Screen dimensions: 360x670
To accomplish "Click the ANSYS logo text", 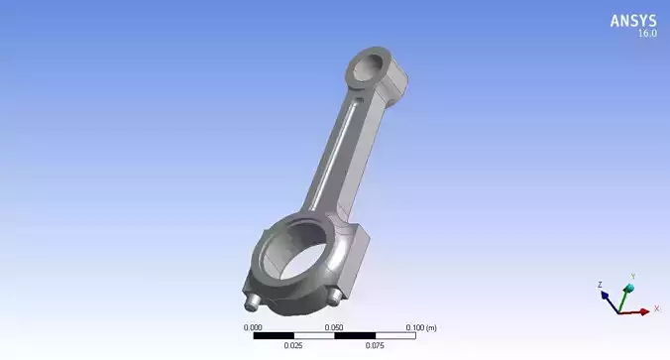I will tap(632, 20).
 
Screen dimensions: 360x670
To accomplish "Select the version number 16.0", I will tap(645, 34).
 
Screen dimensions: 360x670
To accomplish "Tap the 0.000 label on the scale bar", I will tap(253, 326).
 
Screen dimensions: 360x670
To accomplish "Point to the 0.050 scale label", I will tap(335, 326).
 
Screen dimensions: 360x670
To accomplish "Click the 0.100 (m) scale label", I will tap(421, 326).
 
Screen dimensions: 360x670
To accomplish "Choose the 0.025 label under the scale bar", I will tap(294, 346).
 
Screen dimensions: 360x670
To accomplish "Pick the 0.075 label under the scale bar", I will tap(376, 346).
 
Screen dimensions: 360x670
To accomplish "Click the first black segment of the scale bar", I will tap(274, 336).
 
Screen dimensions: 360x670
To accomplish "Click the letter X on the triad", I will tap(655, 309).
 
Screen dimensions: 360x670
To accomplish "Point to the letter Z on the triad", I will tap(600, 285).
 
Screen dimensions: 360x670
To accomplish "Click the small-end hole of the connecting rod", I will tap(368, 67).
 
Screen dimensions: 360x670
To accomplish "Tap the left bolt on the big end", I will tap(252, 299).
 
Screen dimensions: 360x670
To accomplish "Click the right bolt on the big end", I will tap(337, 296).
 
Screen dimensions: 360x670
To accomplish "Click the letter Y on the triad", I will tap(633, 277).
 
